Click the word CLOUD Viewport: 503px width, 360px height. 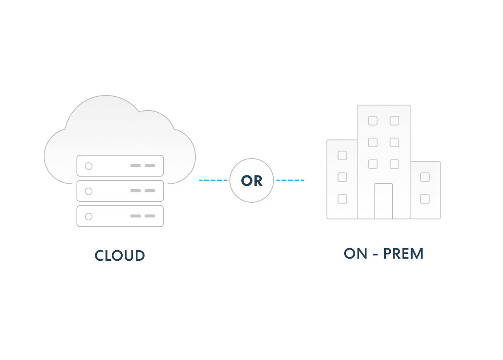point(120,256)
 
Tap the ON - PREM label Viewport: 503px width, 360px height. point(383,254)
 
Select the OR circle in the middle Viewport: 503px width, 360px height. point(252,180)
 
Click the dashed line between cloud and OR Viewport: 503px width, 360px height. point(213,180)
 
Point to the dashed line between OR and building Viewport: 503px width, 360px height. point(290,180)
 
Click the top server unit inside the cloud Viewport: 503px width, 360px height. point(120,166)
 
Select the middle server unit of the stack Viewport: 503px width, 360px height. point(120,191)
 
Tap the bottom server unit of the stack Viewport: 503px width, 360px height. point(120,216)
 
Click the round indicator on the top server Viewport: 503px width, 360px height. point(89,166)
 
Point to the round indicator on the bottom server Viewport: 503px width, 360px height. point(89,217)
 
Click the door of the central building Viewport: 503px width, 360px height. point(384,201)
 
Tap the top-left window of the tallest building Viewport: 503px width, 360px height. point(373,121)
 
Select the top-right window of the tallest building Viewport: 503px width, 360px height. point(394,121)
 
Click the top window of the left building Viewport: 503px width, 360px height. point(342,156)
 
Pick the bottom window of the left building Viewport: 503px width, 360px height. point(342,199)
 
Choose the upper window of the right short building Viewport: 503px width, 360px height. point(425,177)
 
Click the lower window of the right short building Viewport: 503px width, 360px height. point(425,199)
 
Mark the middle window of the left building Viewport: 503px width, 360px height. point(342,177)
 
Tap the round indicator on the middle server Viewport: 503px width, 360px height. point(89,191)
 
